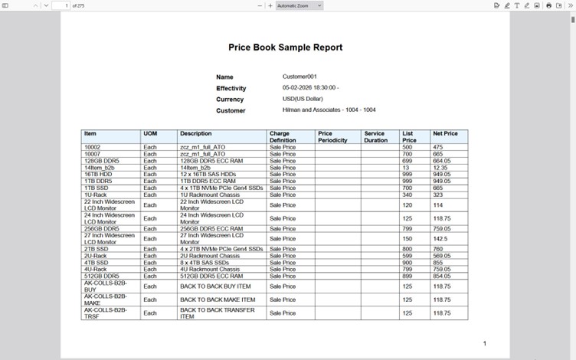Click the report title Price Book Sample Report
tap(285, 47)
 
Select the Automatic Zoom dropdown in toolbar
tap(299, 5)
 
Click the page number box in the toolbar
tap(65, 5)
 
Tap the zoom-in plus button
tap(270, 5)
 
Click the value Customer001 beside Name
tap(299, 77)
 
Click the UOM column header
tap(150, 134)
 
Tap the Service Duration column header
tap(375, 137)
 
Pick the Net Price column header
tap(444, 134)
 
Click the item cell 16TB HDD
tap(97, 174)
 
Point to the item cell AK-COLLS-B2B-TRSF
tap(105, 313)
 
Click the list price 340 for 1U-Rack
tap(407, 195)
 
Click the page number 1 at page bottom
tap(484, 343)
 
